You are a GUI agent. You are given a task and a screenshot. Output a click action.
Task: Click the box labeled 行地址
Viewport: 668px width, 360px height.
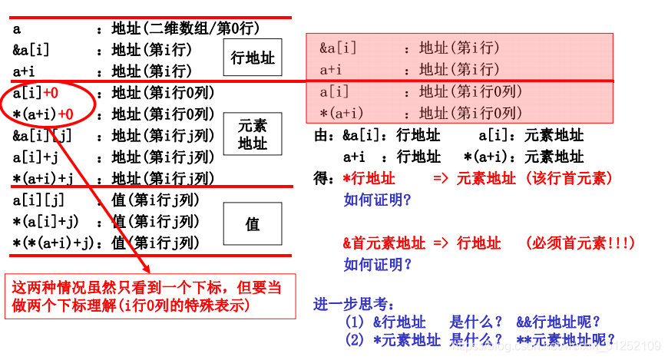[x=253, y=58]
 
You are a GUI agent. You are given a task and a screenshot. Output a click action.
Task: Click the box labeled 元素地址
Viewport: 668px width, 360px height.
[x=253, y=134]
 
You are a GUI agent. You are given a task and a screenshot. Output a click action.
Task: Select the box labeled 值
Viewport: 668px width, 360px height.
[x=253, y=224]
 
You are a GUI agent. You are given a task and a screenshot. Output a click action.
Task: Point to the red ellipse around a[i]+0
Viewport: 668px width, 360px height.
[x=50, y=104]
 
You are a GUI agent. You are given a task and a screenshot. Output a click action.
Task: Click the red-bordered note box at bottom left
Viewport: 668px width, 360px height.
[x=150, y=296]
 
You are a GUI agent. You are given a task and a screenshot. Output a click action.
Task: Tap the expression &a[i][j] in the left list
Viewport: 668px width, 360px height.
[x=41, y=136]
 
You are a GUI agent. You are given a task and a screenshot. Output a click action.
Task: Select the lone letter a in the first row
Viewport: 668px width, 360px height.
[x=17, y=28]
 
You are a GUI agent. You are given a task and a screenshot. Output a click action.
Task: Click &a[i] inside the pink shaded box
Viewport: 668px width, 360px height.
[x=339, y=48]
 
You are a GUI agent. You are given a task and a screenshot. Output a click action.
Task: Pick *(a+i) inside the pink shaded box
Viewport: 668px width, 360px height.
[x=342, y=113]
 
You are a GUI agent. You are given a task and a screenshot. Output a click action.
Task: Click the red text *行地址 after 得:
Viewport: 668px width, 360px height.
[x=369, y=179]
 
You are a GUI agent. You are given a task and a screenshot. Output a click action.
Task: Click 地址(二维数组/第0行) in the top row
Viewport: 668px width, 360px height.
[x=186, y=28]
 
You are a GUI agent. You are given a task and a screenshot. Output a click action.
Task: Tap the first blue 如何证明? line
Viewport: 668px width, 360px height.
[x=378, y=200]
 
